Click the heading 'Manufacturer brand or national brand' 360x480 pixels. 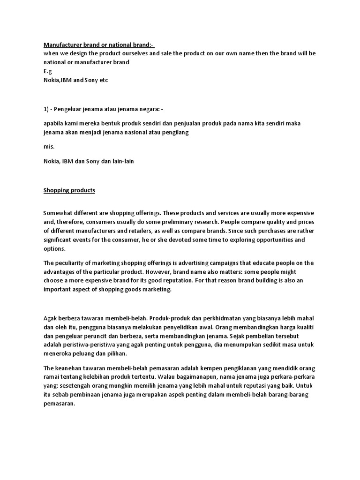coord(98,45)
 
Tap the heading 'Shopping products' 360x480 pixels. coord(69,190)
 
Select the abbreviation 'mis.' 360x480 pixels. coord(49,146)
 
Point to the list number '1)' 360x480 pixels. coord(47,110)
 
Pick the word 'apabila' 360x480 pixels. coord(53,123)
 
